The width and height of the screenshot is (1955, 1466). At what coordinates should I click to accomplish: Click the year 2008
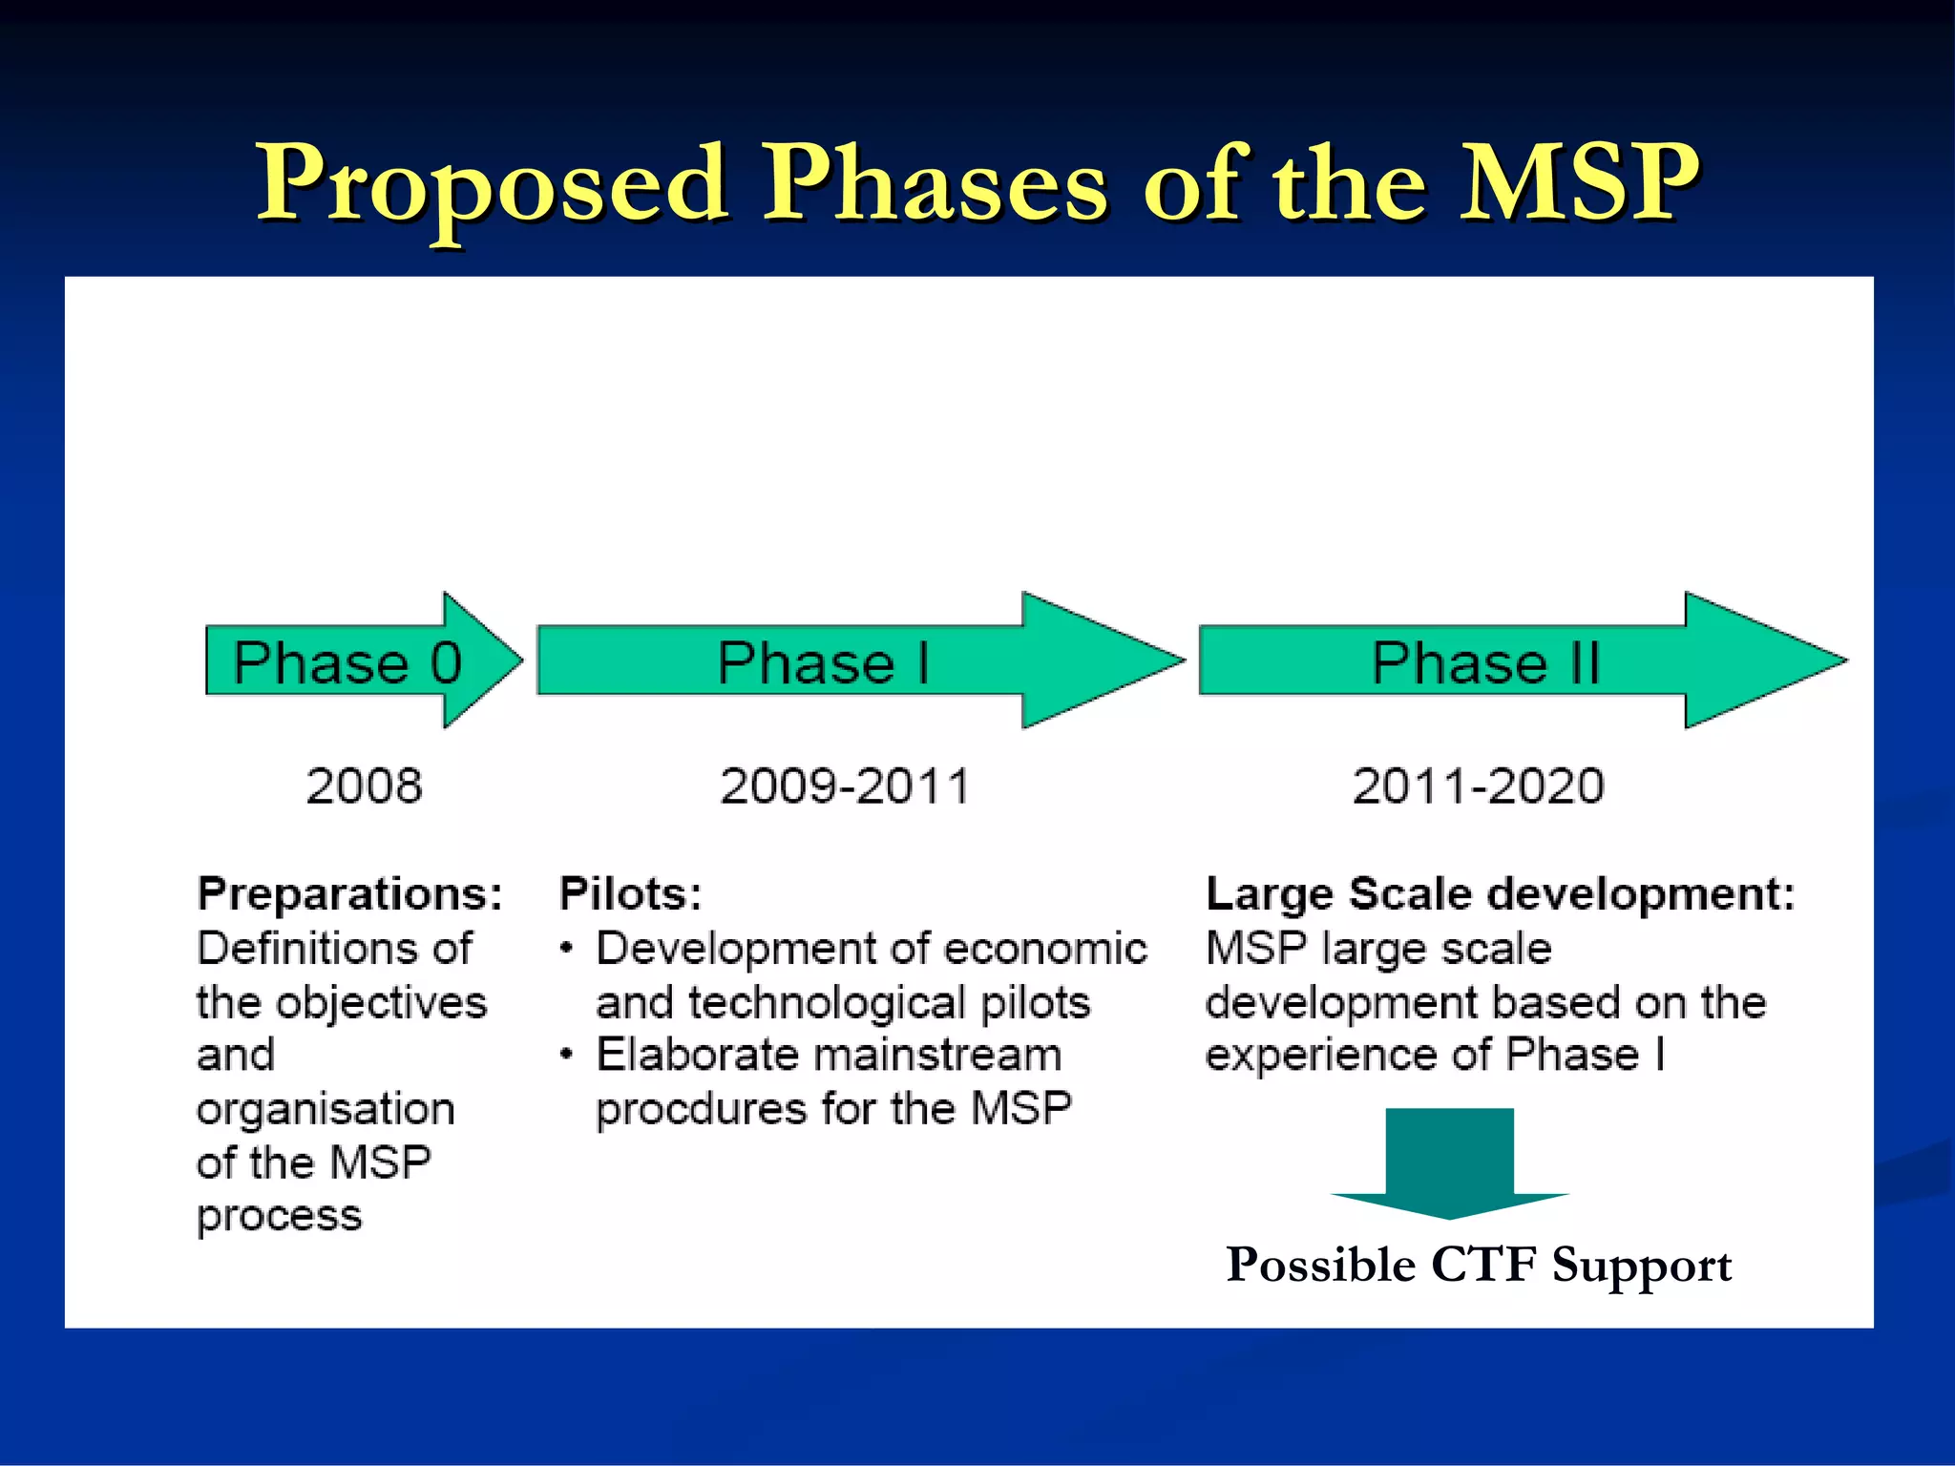click(364, 786)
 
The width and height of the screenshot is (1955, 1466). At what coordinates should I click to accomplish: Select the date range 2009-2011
click(845, 786)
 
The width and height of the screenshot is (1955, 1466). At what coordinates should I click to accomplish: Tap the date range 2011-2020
click(1479, 786)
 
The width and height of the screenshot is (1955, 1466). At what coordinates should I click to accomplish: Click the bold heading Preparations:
click(349, 894)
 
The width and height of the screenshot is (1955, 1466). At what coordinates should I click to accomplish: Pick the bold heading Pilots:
click(630, 894)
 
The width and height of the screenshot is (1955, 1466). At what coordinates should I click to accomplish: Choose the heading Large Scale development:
click(1500, 894)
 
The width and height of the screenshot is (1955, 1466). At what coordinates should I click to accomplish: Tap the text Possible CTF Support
click(1479, 1266)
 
